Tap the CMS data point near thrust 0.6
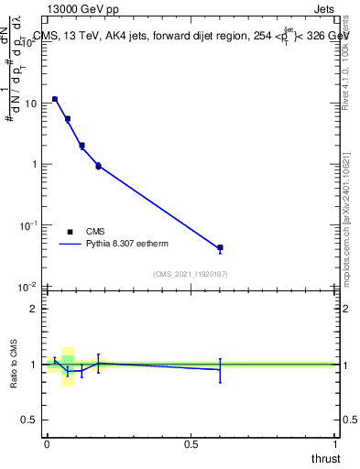220,247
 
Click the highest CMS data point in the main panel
55,99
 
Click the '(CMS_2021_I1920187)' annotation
190,274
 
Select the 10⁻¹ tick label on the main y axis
28,225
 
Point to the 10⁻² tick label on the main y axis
28,287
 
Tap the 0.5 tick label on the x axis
191,444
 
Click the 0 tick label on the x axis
47,444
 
